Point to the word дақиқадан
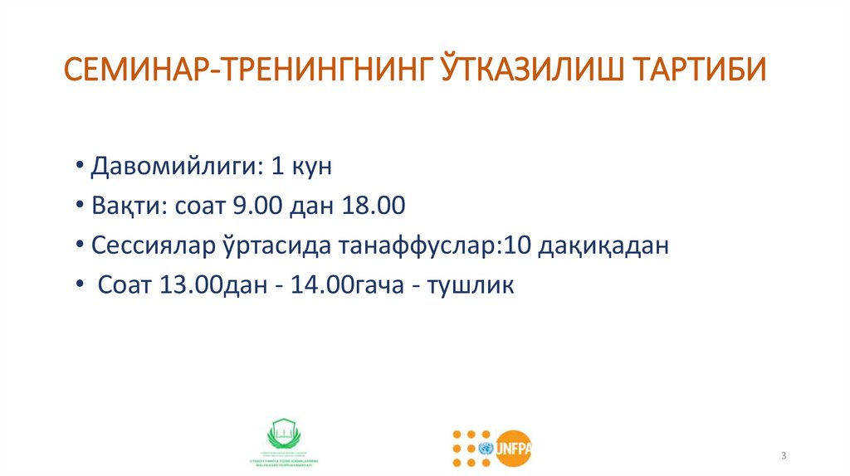tap(599, 246)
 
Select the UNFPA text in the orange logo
tap(515, 448)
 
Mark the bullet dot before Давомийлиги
tap(77, 167)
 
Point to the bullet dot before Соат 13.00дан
tap(77, 286)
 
